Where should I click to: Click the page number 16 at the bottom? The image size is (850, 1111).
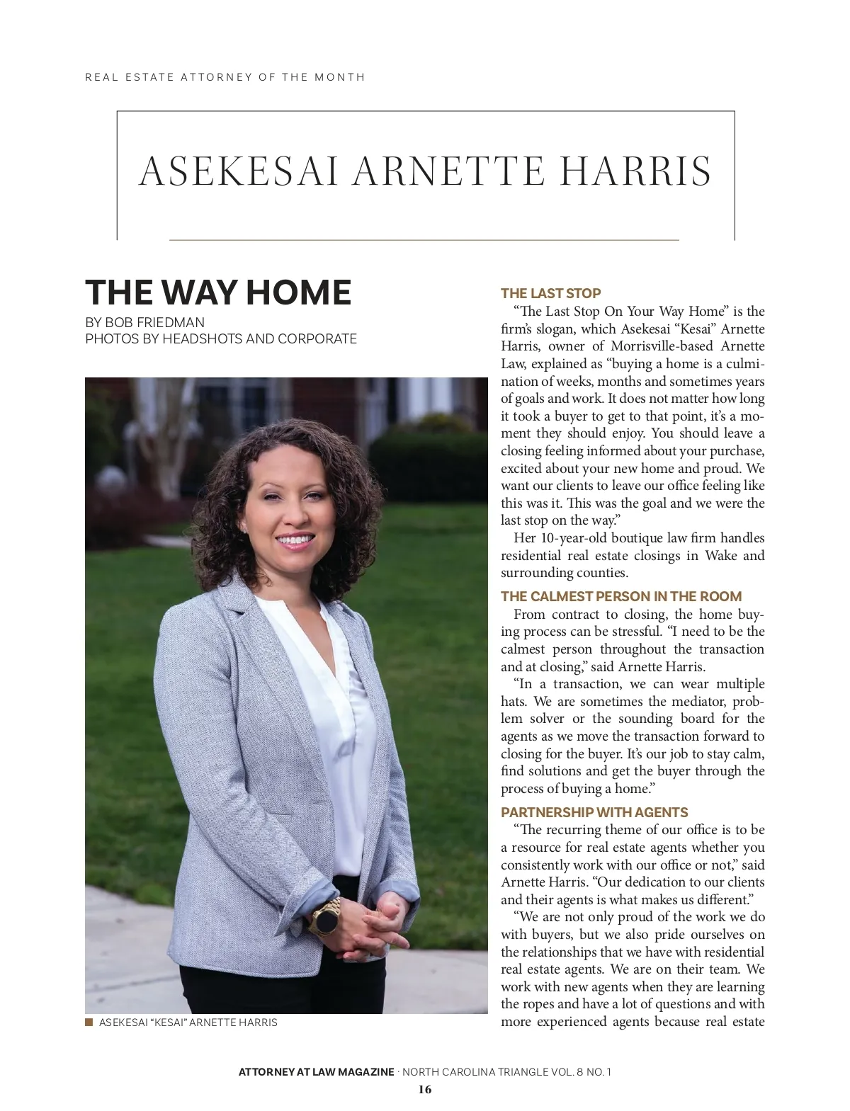click(424, 1089)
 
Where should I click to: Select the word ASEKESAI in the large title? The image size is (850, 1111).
click(238, 171)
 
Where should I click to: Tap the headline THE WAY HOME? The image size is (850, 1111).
click(218, 292)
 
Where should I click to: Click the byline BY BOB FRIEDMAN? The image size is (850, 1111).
click(144, 322)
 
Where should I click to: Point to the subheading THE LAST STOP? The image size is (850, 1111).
click(550, 293)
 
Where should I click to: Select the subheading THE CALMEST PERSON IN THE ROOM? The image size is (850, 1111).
click(620, 596)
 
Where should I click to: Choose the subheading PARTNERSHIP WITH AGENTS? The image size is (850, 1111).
click(594, 812)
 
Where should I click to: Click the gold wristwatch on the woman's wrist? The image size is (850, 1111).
click(325, 918)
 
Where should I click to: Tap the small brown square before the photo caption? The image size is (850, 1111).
click(89, 1022)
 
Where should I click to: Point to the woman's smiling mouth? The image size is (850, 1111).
click(294, 542)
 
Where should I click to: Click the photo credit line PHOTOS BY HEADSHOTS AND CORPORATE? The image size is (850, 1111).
click(220, 339)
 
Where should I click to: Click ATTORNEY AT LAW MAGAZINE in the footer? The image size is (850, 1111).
click(316, 1071)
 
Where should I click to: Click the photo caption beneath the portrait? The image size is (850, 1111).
click(188, 1022)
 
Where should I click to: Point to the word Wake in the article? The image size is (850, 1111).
click(721, 556)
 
